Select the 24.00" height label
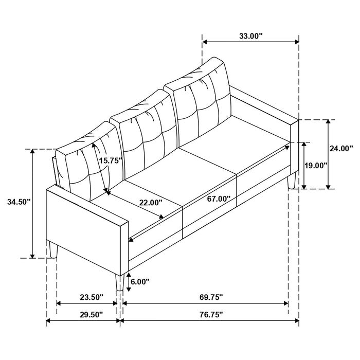click(x=341, y=148)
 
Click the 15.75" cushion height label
click(x=110, y=160)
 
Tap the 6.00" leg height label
click(x=139, y=281)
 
